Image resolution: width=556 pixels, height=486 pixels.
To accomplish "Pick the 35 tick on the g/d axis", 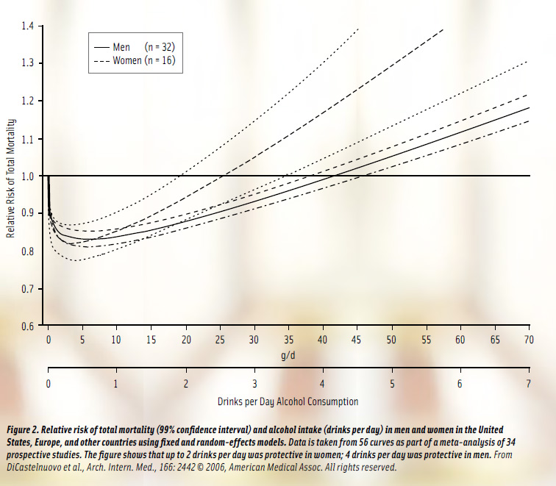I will (288, 339).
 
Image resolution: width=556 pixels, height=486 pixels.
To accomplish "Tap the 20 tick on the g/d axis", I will (185, 339).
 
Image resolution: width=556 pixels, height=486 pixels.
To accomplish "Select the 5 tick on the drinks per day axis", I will (391, 383).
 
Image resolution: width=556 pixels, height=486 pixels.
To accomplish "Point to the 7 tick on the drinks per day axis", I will (529, 383).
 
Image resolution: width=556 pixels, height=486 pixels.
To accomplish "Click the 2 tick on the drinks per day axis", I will (185, 383).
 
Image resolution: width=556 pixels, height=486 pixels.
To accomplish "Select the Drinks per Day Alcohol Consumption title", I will (288, 401).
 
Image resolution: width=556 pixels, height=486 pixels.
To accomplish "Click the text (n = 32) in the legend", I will (159, 47).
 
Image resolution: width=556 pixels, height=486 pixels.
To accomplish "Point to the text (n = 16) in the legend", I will (159, 61).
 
